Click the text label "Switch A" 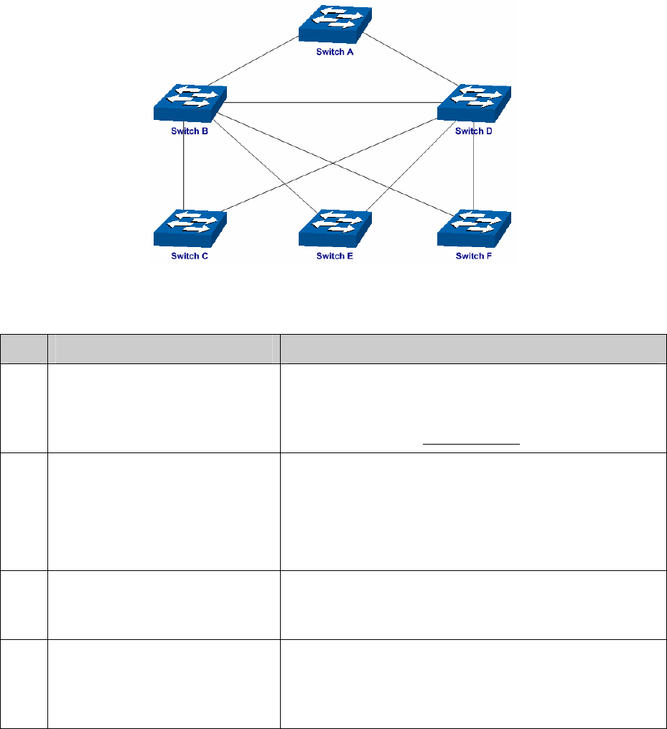tap(335, 53)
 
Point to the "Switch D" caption tap(475, 131)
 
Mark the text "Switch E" tap(335, 256)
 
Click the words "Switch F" tap(475, 256)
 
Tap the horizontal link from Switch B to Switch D tap(330, 103)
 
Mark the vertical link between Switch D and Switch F tap(475, 172)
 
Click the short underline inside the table tap(471, 444)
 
